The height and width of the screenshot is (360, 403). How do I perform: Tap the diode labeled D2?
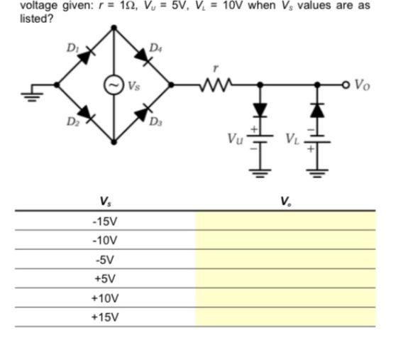85,112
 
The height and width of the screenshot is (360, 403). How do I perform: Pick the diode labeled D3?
143,112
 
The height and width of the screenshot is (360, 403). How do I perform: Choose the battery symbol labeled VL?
317,141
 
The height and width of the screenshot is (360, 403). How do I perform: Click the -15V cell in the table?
105,222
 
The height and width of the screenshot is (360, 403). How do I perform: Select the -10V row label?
105,241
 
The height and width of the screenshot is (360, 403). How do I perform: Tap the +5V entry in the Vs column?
105,278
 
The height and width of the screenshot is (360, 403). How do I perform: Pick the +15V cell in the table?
105,317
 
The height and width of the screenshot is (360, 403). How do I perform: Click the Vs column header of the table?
105,202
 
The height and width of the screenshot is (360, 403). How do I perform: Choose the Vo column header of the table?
285,202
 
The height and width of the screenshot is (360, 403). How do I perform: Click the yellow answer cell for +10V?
285,298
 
